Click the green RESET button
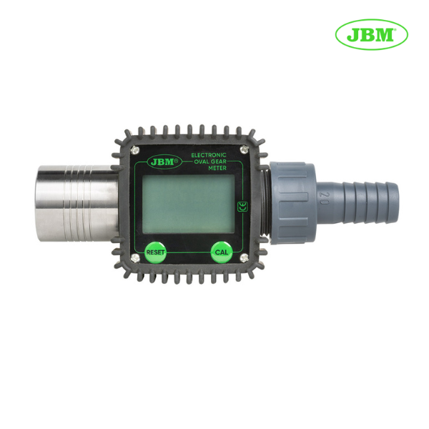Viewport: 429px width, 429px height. click(155, 252)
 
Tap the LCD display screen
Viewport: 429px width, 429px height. click(189, 204)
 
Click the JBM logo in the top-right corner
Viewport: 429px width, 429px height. click(372, 34)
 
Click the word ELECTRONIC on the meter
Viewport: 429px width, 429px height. click(209, 155)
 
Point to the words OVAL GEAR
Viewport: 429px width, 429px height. click(210, 162)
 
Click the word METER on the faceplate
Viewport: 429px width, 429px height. click(217, 168)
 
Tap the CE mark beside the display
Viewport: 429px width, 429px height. click(242, 207)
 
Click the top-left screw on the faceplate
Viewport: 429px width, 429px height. click(134, 149)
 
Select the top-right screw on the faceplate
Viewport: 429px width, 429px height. click(244, 149)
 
